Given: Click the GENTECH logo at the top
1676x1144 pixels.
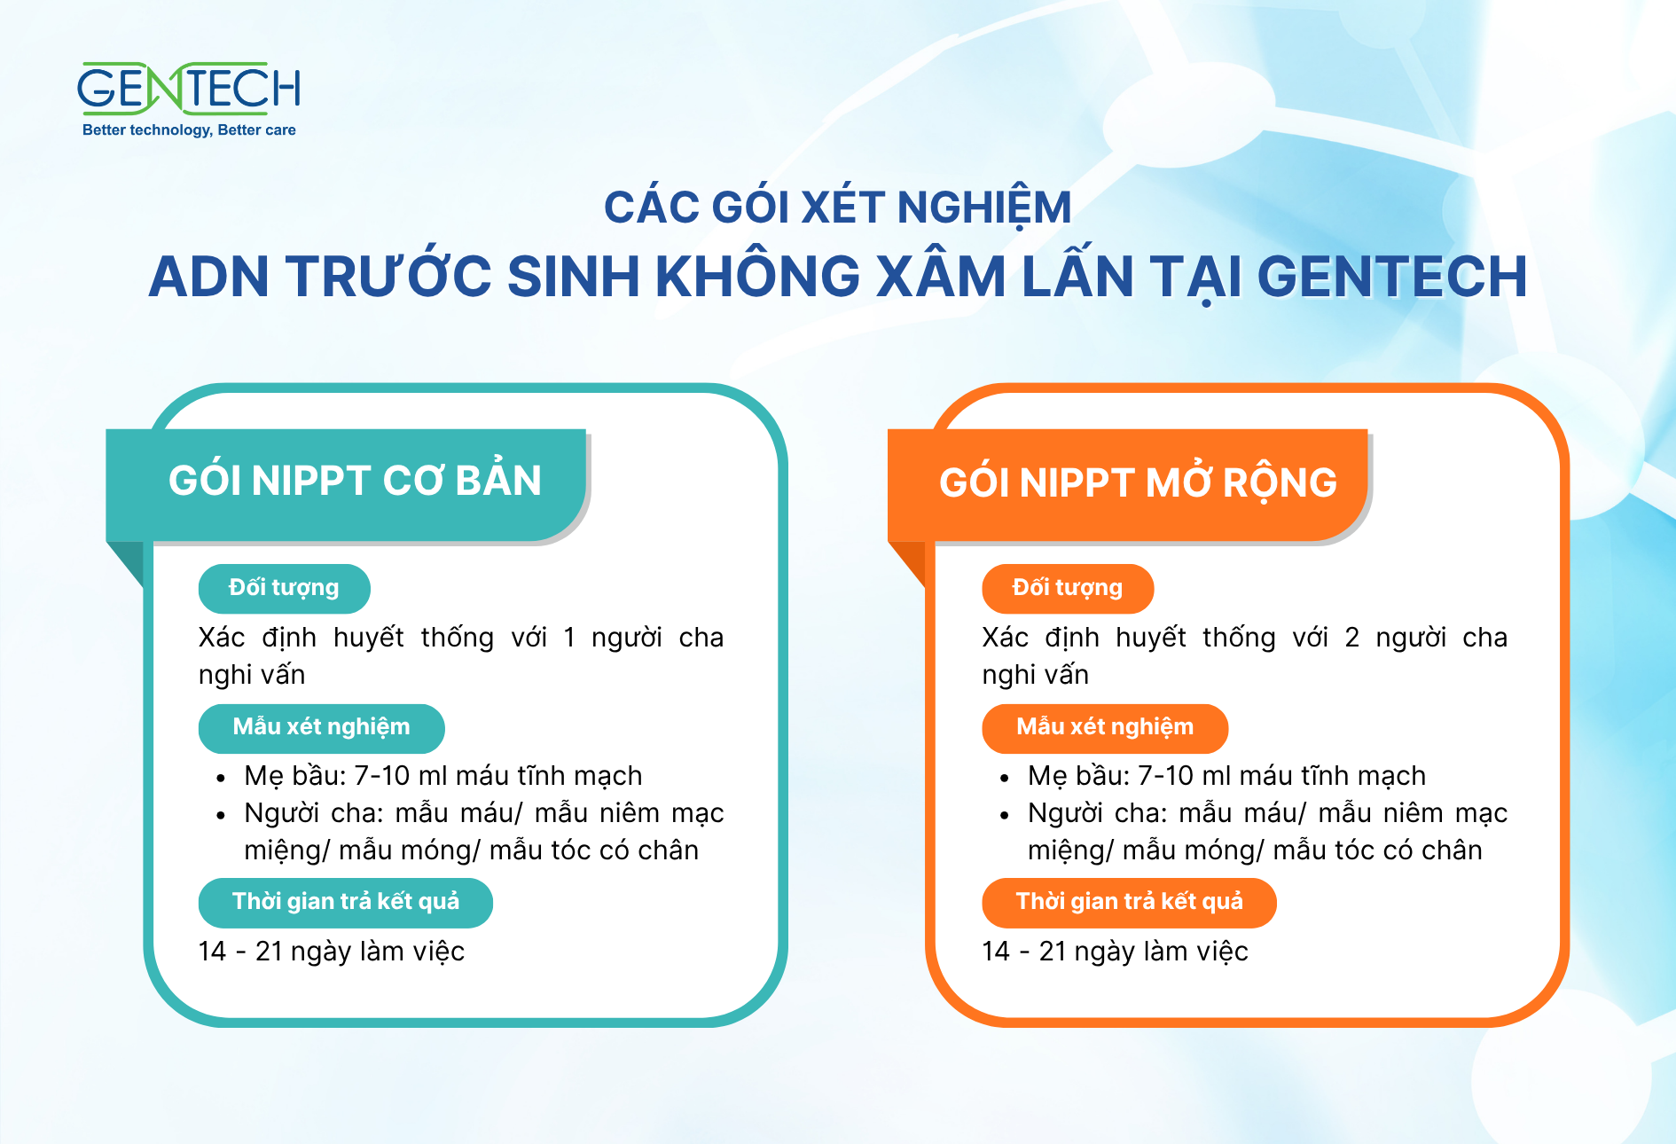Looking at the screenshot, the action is pyautogui.click(x=189, y=88).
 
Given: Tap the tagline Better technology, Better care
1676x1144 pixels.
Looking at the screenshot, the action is pyautogui.click(x=189, y=130).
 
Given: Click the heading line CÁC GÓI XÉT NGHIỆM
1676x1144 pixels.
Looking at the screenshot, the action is pyautogui.click(x=838, y=208).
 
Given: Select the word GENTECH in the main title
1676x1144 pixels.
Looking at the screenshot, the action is pyautogui.click(x=1392, y=276).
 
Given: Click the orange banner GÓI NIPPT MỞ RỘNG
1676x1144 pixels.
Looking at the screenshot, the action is pyautogui.click(x=1128, y=484).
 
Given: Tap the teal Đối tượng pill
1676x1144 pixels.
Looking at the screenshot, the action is pyautogui.click(x=284, y=588).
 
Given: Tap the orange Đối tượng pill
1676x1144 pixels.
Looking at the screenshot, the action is pyautogui.click(x=1068, y=588).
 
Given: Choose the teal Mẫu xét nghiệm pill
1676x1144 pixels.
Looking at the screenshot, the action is pyautogui.click(x=321, y=728).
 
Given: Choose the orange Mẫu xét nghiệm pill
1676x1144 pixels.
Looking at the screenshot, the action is pyautogui.click(x=1105, y=728).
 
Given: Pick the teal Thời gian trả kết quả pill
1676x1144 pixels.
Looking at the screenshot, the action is pyautogui.click(x=346, y=903).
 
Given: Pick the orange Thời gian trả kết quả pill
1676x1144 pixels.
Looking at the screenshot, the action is pyautogui.click(x=1129, y=903).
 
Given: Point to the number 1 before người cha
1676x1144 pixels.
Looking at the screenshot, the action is pyautogui.click(x=569, y=638).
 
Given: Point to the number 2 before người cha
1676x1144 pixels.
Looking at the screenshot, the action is pyautogui.click(x=1351, y=638).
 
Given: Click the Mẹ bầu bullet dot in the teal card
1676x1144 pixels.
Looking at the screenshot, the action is pyautogui.click(x=221, y=779).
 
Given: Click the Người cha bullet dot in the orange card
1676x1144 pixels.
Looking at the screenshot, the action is pyautogui.click(x=1005, y=816).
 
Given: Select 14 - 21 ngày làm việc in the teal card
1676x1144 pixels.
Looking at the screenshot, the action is pyautogui.click(x=332, y=952).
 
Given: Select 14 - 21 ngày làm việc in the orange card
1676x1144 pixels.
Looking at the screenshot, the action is pyautogui.click(x=1115, y=952).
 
